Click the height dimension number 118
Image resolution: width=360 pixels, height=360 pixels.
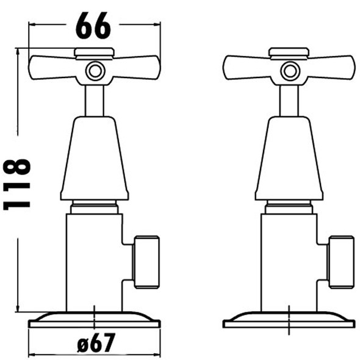18,184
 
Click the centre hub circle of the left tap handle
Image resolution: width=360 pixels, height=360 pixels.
94,70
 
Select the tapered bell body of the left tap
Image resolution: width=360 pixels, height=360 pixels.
94,159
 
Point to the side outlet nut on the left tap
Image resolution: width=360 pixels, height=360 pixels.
146,262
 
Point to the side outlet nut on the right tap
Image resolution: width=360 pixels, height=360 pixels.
341,262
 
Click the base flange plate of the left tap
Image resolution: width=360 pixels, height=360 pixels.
94,320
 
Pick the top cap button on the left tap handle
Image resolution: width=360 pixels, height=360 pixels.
94,52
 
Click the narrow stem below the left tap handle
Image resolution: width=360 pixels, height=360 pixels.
94,100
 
